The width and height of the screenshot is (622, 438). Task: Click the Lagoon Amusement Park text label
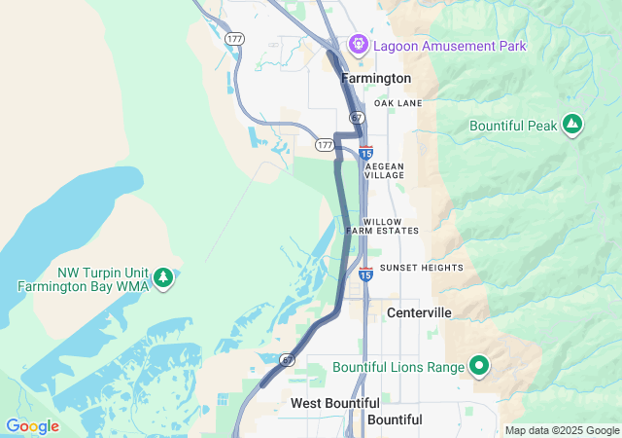pyautogui.click(x=449, y=46)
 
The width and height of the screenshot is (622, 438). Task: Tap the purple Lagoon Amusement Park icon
pyautogui.click(x=358, y=44)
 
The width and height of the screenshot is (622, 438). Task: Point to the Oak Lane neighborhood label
pyautogui.click(x=397, y=103)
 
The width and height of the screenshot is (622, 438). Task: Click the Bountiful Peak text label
pyautogui.click(x=513, y=126)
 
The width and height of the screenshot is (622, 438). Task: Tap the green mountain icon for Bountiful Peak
pyautogui.click(x=572, y=124)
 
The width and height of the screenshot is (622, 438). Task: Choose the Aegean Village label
pyautogui.click(x=384, y=170)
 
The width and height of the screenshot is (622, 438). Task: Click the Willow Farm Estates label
pyautogui.click(x=383, y=226)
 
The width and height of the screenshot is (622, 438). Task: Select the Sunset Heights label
pyautogui.click(x=422, y=268)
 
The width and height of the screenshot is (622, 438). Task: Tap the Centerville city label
pyautogui.click(x=419, y=312)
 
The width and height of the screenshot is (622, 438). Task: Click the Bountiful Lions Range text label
pyautogui.click(x=397, y=367)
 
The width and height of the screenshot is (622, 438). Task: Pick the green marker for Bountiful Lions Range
pyautogui.click(x=478, y=366)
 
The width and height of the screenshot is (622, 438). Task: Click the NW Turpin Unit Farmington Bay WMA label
pyautogui.click(x=86, y=279)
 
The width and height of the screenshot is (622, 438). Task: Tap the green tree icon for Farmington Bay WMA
pyautogui.click(x=164, y=278)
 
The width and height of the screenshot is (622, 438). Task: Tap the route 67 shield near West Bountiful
pyautogui.click(x=288, y=360)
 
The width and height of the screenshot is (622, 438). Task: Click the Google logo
pyautogui.click(x=32, y=426)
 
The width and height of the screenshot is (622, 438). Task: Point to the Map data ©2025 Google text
pyautogui.click(x=562, y=430)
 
